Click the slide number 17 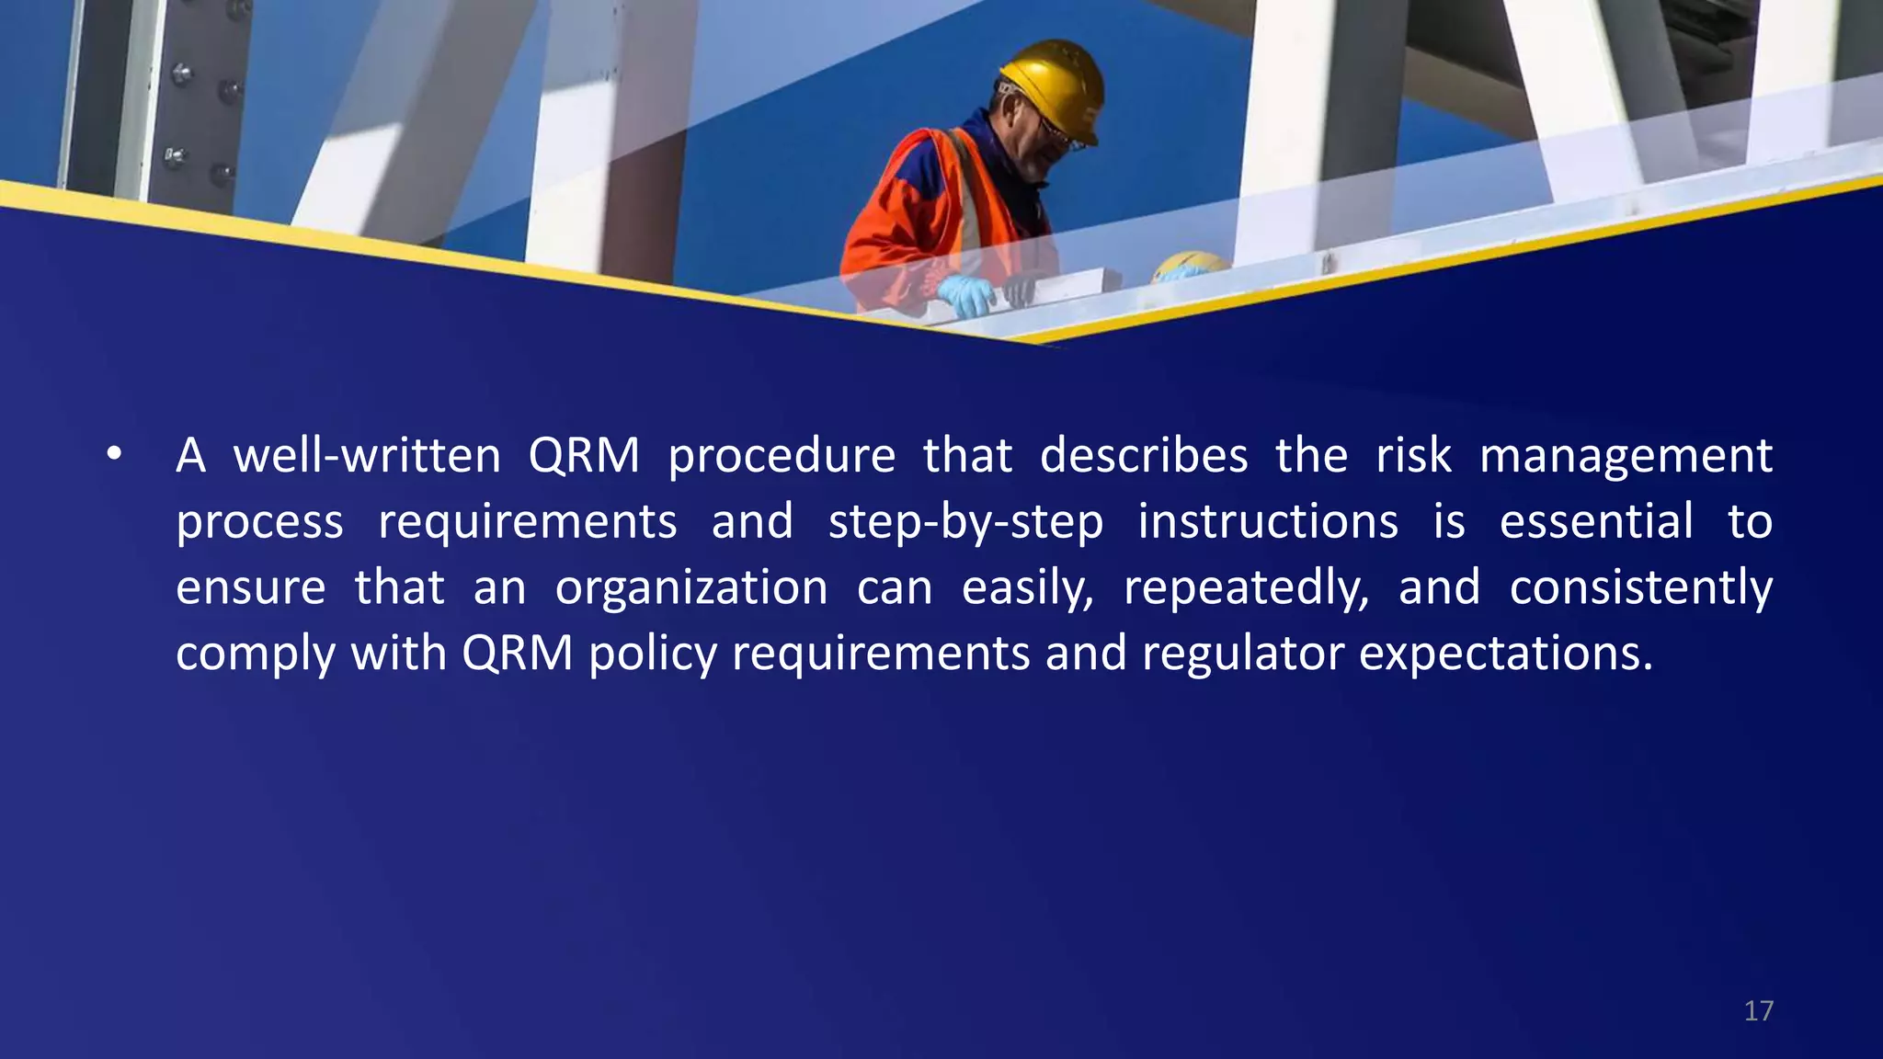click(x=1758, y=1011)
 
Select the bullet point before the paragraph click(x=113, y=454)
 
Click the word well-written click(x=367, y=456)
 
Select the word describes click(x=1144, y=456)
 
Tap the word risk click(x=1413, y=456)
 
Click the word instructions click(x=1268, y=522)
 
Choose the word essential click(x=1596, y=522)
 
